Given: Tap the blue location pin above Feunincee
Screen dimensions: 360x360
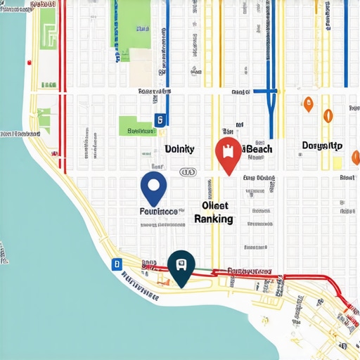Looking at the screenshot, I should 154,186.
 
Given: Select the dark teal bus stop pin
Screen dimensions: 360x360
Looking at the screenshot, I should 181,266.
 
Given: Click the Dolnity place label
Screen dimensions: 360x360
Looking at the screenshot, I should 179,148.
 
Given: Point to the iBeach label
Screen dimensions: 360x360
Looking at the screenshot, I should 257,148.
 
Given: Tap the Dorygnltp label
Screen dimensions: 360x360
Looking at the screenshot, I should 322,146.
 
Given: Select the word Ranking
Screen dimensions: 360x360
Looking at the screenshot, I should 214,219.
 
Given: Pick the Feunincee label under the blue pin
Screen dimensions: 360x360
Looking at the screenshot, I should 154,210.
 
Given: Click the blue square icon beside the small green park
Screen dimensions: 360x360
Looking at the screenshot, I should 160,120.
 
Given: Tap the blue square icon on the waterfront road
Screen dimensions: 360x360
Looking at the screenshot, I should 116,264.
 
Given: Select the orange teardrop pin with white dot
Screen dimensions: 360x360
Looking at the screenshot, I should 307,105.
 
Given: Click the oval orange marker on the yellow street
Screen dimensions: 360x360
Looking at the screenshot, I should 327,116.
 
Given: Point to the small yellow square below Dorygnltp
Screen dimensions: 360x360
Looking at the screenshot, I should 337,162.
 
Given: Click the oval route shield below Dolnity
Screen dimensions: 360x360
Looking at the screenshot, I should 187,172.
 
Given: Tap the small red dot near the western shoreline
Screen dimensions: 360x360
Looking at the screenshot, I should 30,63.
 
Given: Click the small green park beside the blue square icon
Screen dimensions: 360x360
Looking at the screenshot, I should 136,125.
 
